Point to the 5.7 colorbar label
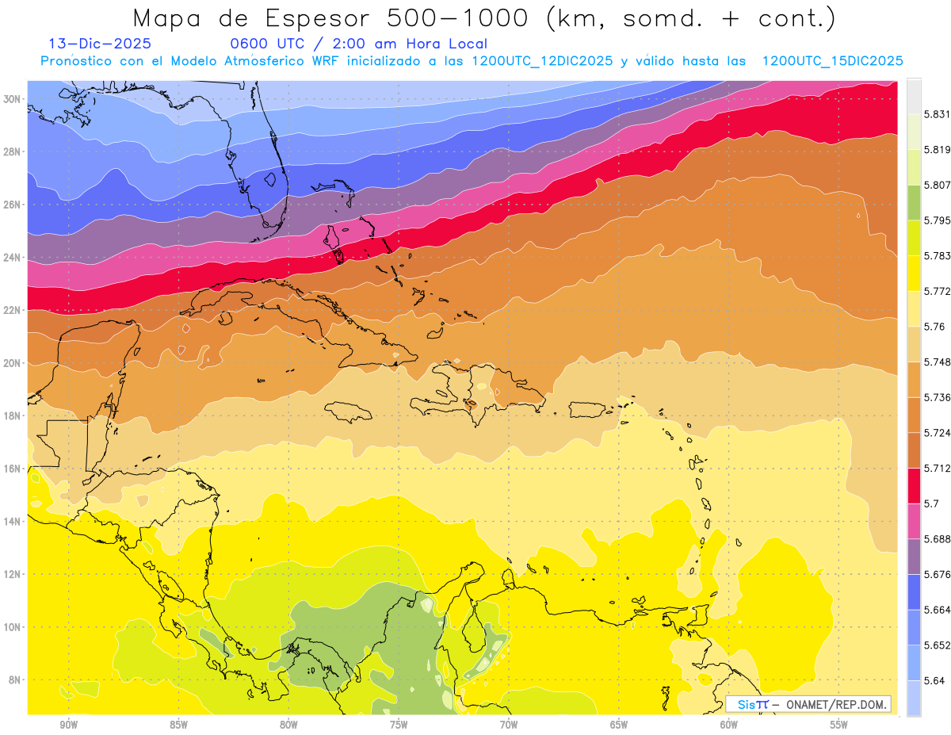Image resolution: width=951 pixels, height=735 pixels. pyautogui.click(x=930, y=503)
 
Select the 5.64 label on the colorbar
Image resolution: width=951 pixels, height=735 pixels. pyautogui.click(x=934, y=680)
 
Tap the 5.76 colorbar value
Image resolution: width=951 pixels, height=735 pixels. pyautogui.click(x=934, y=327)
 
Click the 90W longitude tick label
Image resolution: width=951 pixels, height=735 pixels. pyautogui.click(x=68, y=725)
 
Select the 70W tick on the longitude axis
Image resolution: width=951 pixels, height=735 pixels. pyautogui.click(x=509, y=725)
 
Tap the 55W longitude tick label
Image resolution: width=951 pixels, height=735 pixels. pyautogui.click(x=839, y=725)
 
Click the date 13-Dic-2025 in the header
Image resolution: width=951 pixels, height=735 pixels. pyautogui.click(x=100, y=44)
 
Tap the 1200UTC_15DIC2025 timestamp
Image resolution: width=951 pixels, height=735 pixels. pyautogui.click(x=832, y=61)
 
